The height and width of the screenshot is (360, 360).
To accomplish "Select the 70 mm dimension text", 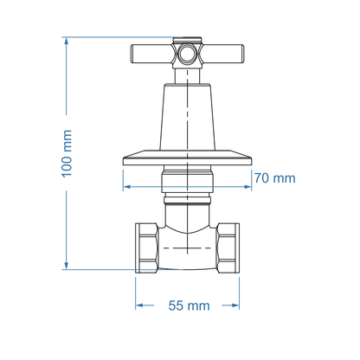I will coord(274,178).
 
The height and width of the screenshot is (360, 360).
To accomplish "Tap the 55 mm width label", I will coord(188,305).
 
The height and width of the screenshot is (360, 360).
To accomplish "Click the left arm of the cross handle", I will coord(151,55).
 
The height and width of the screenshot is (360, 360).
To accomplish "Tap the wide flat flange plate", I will coord(187,158).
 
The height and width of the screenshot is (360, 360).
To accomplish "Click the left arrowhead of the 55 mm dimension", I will coord(138,305).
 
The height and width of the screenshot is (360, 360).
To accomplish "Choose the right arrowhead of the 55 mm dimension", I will coord(236,305).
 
